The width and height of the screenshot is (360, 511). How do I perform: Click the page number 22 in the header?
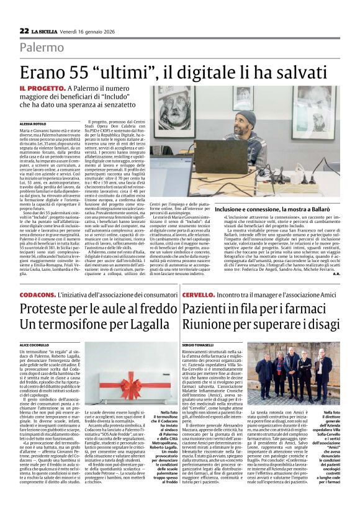pyautogui.click(x=24, y=30)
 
